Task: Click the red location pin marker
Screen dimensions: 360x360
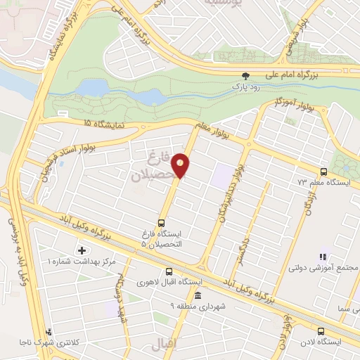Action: pos(181,165)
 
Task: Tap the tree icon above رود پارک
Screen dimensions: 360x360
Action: pos(245,75)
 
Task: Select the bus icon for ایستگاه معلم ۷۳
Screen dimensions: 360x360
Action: pos(323,172)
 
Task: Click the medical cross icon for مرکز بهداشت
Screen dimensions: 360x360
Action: pos(82,250)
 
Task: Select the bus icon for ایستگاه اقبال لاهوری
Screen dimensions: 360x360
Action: pos(169,271)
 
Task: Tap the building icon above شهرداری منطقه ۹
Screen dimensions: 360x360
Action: pos(199,295)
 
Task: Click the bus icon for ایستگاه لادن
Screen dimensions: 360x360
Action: pos(321,330)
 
